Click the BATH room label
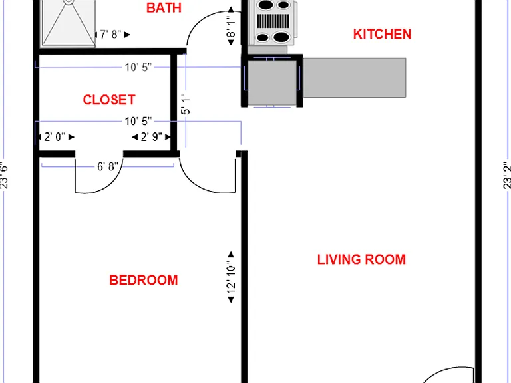(164, 8)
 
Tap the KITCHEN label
(382, 34)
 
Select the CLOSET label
(109, 100)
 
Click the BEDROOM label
(144, 280)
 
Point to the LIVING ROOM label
(361, 259)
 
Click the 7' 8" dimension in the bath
(110, 34)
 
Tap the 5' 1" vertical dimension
(186, 104)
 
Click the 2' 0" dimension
(55, 137)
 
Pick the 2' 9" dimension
(151, 137)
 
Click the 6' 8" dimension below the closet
(108, 166)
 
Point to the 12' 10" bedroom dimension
(231, 277)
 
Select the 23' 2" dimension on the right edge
(506, 175)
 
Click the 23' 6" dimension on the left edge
(4, 176)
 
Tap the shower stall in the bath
(69, 22)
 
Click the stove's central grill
(273, 21)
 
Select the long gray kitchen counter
(355, 78)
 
